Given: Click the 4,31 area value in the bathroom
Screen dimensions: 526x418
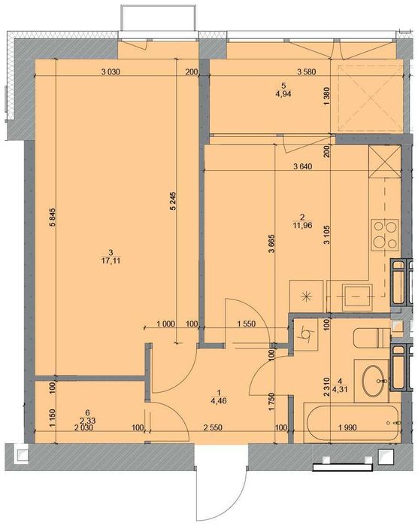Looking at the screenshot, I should (341, 389).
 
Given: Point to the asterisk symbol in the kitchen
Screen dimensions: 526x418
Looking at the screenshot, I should (307, 296).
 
